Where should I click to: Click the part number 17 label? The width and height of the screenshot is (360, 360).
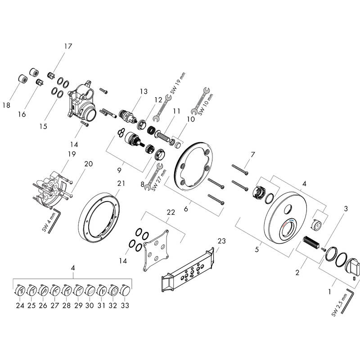[x=68, y=46]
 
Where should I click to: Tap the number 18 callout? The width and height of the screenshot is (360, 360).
[x=6, y=105]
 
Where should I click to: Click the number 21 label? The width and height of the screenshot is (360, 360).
[x=120, y=183]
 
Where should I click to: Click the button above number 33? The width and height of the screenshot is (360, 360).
[x=126, y=289]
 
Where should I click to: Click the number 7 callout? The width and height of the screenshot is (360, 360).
[x=253, y=154]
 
